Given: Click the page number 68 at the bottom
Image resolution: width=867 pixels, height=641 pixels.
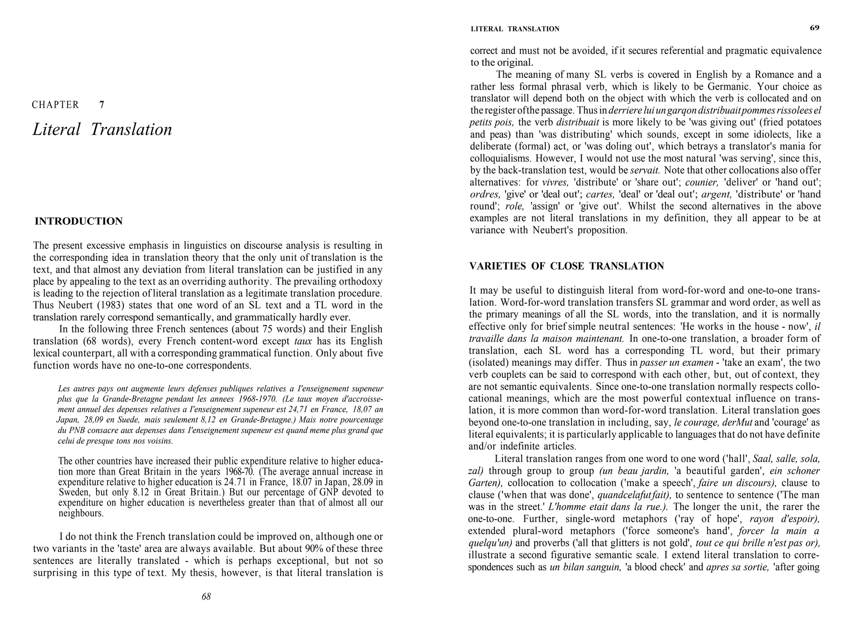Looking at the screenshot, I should pos(206,597).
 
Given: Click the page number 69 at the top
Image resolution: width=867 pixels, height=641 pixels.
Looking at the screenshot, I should pos(815,28).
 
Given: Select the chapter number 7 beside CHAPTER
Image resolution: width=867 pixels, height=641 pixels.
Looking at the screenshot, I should pos(102,105).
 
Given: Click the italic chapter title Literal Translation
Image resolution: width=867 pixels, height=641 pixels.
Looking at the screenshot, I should pos(102,130).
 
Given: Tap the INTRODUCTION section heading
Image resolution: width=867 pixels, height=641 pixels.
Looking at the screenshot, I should pos(79,221).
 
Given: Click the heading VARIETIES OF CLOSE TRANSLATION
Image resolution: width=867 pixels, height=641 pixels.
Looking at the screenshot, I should pos(567,266).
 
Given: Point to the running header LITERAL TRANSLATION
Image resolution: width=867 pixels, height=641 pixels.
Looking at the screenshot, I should pos(515,29).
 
